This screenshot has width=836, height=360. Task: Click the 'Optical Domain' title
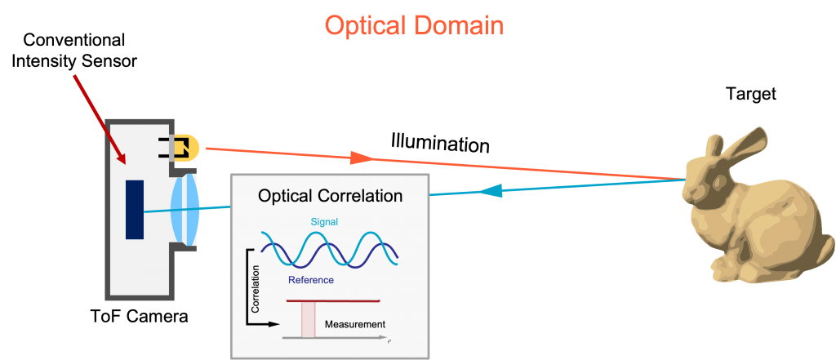coord(414,25)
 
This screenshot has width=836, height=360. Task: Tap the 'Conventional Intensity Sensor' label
coord(75,51)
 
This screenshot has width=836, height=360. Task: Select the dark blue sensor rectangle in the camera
coord(135,210)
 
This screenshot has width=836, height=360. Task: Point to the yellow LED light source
coord(186,148)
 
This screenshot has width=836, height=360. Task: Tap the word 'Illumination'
coord(440,142)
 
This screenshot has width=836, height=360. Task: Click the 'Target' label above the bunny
coord(751,95)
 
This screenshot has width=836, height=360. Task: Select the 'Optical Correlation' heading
coord(330,196)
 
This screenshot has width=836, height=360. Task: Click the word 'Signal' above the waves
coord(324,221)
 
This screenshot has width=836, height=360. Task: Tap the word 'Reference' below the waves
coord(310,279)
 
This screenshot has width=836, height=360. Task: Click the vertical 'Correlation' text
coord(255,288)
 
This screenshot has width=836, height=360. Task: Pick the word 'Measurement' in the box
coord(354,324)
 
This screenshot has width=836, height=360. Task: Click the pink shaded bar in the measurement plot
coord(308,319)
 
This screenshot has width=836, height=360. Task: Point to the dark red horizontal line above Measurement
coord(333,301)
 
